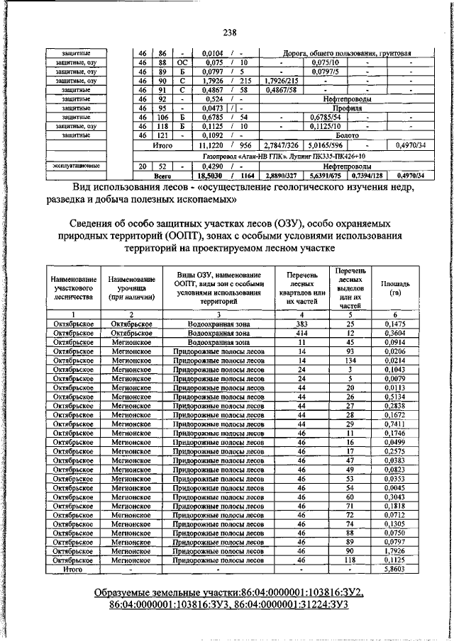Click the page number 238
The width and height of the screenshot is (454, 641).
[229, 32]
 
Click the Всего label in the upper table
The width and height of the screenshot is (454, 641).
[163, 175]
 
